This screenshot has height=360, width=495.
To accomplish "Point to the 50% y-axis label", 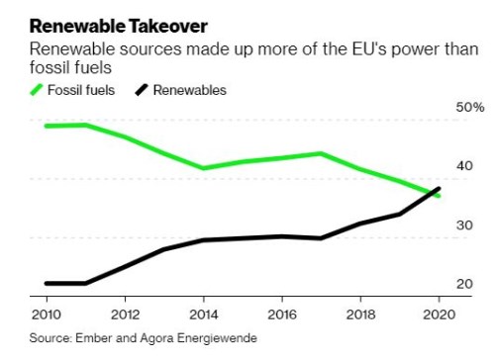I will point(469,107).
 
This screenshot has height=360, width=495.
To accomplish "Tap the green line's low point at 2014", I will point(203,168).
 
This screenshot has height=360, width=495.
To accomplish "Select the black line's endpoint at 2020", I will point(439,188).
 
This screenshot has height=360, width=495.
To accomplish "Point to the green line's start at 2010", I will point(47,126).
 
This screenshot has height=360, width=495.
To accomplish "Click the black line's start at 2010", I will point(47,283).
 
